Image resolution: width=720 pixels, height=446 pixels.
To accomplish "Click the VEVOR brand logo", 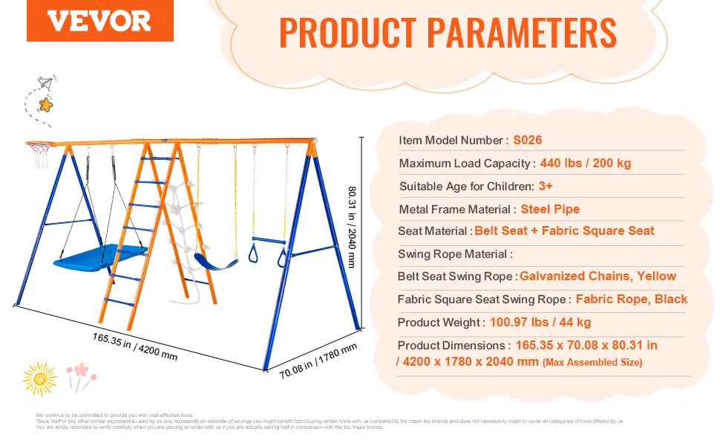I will pyautogui.click(x=99, y=22).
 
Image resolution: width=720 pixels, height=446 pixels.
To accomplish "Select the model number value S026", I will pyautogui.click(x=528, y=140).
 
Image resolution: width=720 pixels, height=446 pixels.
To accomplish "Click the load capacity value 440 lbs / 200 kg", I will pyautogui.click(x=586, y=163).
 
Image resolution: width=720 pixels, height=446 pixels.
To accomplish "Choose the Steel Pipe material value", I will pyautogui.click(x=550, y=209).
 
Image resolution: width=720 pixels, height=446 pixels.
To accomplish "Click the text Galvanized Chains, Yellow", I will pyautogui.click(x=598, y=276).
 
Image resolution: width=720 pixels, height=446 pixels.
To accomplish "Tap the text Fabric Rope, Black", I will pyautogui.click(x=631, y=300).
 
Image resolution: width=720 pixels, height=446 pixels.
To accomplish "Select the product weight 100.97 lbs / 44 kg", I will pyautogui.click(x=540, y=322).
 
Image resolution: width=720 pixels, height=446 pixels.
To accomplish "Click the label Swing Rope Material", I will pyautogui.click(x=454, y=254).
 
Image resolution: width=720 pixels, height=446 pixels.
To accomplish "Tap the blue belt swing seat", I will pyautogui.click(x=215, y=261).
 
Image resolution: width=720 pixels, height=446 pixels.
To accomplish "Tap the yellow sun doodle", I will pyautogui.click(x=39, y=378).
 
